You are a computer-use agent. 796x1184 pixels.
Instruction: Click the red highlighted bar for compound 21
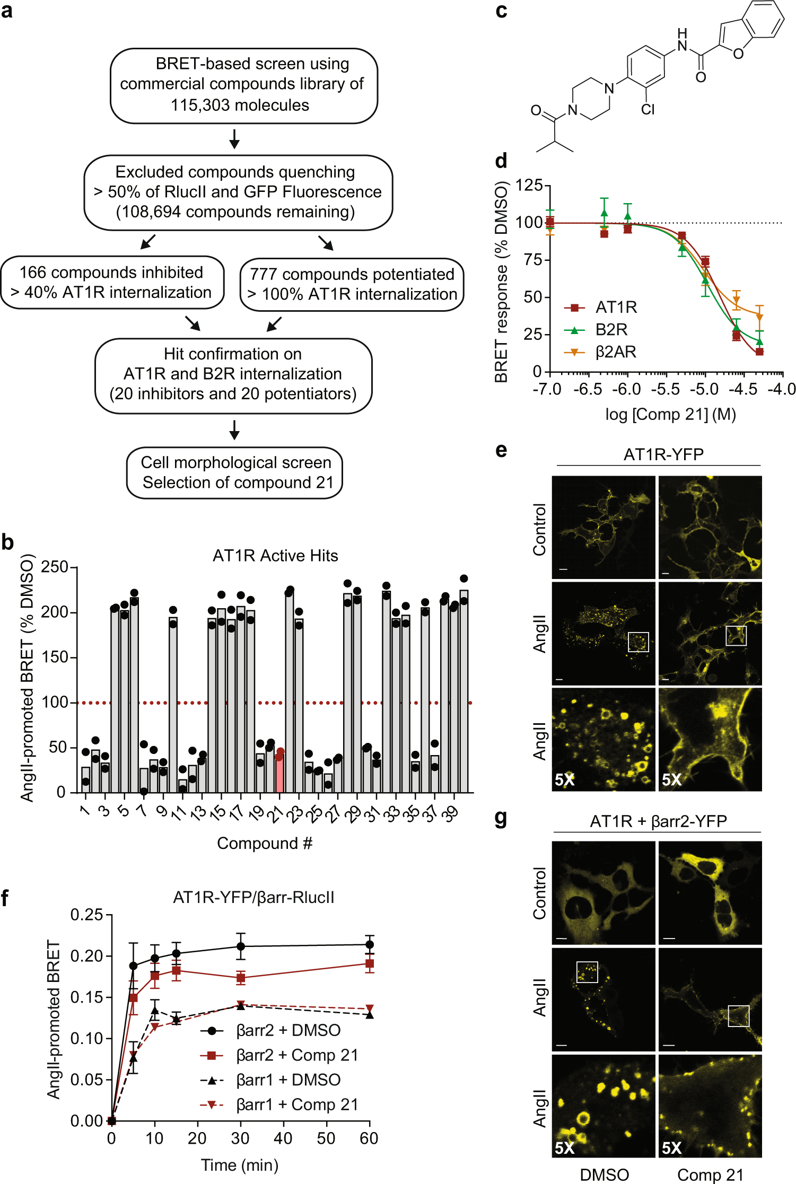click(x=279, y=774)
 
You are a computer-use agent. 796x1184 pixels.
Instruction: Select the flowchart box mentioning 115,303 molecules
click(x=243, y=85)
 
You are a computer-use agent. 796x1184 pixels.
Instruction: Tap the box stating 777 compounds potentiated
click(x=352, y=284)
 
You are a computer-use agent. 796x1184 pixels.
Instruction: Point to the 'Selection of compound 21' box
click(x=234, y=473)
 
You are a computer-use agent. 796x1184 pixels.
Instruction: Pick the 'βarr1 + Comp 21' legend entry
click(x=279, y=1104)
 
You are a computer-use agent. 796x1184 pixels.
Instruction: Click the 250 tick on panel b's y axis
click(x=55, y=567)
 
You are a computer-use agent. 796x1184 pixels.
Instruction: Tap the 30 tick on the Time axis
click(x=240, y=1138)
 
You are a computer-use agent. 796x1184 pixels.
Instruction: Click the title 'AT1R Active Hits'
click(x=275, y=556)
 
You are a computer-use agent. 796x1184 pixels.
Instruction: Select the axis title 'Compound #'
click(x=265, y=843)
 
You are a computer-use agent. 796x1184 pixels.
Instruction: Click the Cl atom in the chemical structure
click(x=648, y=109)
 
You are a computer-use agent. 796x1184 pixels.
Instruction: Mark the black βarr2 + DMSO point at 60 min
click(x=370, y=944)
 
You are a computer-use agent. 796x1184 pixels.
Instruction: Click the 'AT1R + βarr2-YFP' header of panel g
click(x=658, y=821)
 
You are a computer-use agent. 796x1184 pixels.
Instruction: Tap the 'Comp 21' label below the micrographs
click(x=710, y=1174)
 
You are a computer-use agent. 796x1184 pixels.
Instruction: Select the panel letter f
click(x=5, y=898)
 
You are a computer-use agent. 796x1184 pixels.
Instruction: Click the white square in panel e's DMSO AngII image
click(x=638, y=642)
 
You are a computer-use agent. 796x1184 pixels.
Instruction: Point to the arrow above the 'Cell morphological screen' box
click(x=234, y=430)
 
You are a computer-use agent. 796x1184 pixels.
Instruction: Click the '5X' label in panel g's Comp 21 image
click(x=671, y=1148)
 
